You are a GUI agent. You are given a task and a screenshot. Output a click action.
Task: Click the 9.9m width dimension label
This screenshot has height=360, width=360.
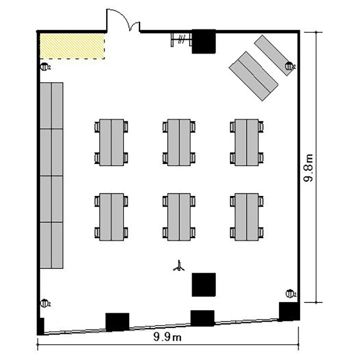tap(168, 337)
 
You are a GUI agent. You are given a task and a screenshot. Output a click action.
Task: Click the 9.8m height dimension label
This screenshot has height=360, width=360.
tap(308, 168)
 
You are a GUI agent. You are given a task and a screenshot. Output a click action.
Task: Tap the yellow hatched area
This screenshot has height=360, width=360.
tap(72, 46)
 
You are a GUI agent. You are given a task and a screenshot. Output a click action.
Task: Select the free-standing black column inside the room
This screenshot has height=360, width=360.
tap(204, 285)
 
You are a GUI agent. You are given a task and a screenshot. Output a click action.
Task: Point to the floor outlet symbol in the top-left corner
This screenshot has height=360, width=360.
tap(45, 67)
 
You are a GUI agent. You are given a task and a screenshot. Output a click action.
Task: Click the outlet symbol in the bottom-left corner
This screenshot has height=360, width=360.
tap(45, 303)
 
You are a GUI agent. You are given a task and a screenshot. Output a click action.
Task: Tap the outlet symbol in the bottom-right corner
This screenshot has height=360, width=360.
tap(290, 294)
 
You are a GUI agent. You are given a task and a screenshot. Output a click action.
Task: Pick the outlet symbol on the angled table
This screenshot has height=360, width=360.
tap(290, 66)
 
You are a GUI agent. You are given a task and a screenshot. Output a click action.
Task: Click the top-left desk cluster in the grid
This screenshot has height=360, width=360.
tap(111, 143)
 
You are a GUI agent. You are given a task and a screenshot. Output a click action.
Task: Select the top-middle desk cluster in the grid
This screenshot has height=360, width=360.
tap(179, 143)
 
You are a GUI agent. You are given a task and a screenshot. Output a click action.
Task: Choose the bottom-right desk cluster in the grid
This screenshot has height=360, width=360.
tap(247, 217)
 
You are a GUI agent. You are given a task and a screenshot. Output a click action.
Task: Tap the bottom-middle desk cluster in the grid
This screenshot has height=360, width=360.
tap(179, 217)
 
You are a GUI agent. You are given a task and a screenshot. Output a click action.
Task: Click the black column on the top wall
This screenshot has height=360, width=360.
tap(204, 41)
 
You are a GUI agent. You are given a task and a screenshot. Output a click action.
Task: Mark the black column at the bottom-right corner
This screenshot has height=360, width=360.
tap(289, 312)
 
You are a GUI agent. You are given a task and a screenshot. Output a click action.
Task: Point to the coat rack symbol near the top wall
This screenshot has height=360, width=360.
tap(181, 39)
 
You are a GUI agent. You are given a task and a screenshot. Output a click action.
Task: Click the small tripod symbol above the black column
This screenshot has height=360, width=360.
tap(179, 266)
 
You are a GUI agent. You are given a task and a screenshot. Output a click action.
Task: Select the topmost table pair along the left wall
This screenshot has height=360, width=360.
tap(51, 106)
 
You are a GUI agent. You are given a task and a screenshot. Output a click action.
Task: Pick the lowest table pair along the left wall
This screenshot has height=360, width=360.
tap(51, 245)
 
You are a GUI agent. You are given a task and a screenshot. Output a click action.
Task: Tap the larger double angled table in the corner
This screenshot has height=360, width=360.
tap(253, 76)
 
